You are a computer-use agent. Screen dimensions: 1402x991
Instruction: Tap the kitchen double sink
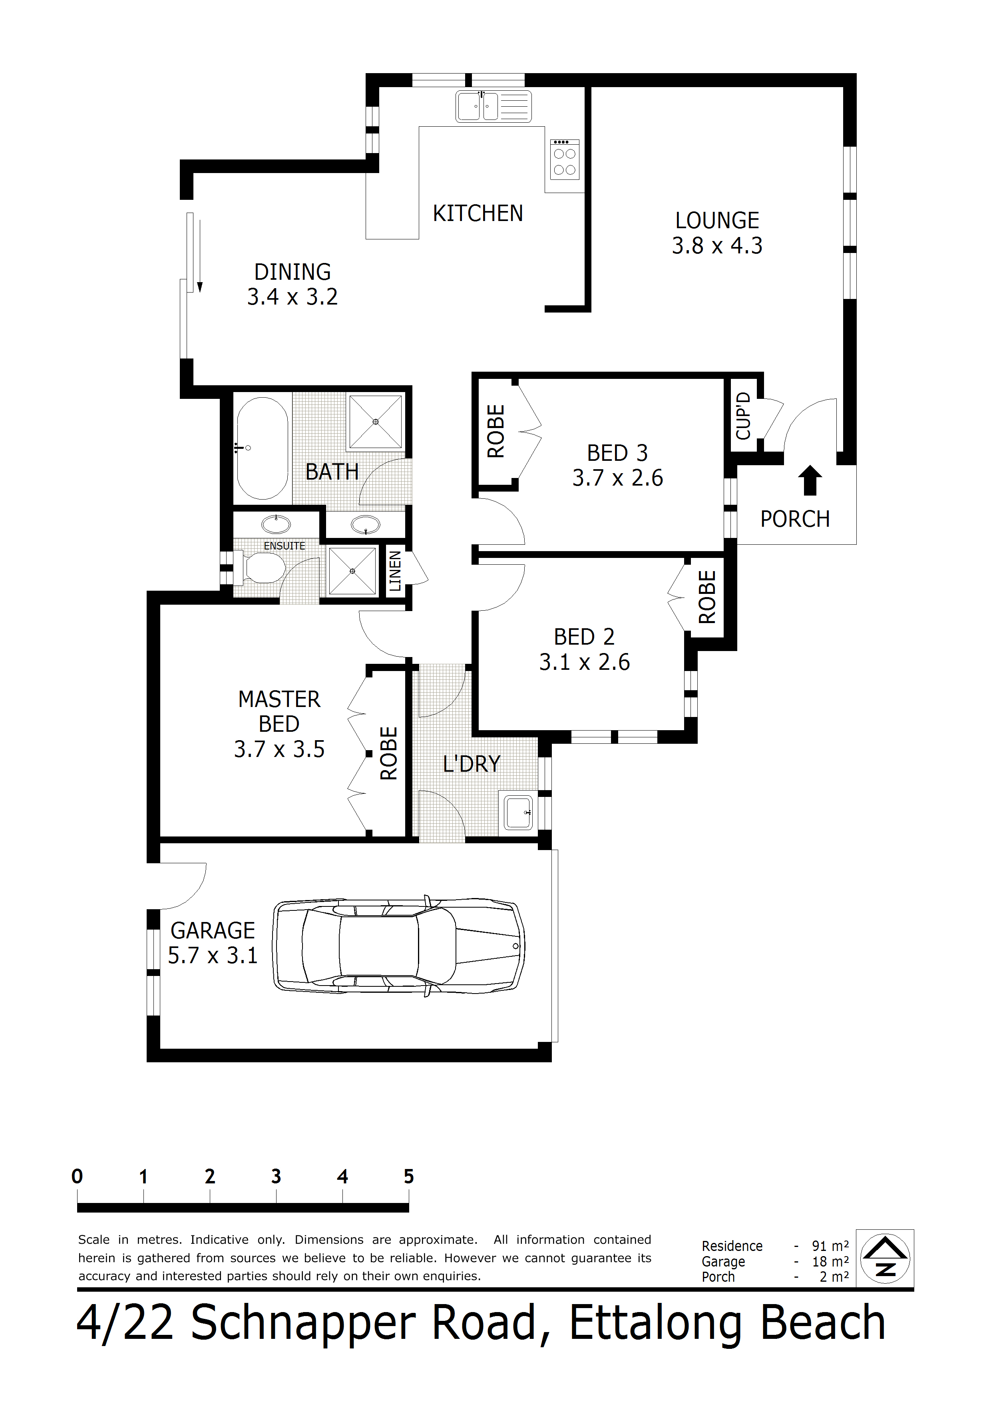pos(494,107)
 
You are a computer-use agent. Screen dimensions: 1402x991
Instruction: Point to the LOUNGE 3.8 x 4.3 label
pos(717,233)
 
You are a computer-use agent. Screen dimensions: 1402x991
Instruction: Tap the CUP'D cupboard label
pos(743,416)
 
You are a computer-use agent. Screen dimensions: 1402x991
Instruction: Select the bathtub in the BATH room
pos(263,448)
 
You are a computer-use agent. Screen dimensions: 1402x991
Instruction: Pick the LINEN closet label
pos(395,571)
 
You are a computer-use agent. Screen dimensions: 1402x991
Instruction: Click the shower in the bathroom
pos(376,421)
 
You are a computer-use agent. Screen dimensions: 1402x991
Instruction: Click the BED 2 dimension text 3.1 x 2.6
pos(584,662)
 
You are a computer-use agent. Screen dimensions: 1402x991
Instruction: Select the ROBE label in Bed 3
pos(496,431)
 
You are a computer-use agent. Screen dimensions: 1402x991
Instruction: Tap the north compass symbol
pos(885,1259)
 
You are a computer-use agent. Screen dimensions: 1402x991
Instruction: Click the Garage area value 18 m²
pos(830,1262)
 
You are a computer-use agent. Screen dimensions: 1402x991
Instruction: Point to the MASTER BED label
pos(279,711)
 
